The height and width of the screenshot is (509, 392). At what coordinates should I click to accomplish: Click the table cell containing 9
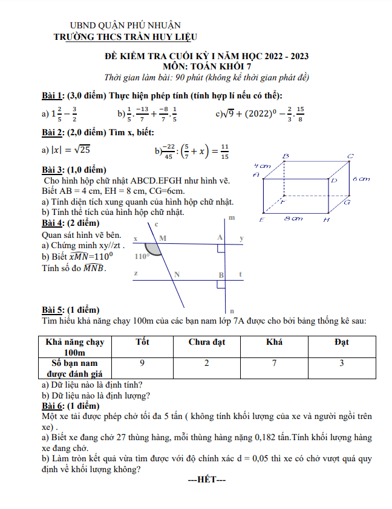coord(142,363)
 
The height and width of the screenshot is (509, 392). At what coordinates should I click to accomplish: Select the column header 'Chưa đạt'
coord(206,342)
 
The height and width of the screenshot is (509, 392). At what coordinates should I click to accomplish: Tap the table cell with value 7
coord(274,363)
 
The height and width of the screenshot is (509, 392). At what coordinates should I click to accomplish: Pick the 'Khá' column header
coord(274,342)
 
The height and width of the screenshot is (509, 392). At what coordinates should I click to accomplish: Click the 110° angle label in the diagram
coord(142,256)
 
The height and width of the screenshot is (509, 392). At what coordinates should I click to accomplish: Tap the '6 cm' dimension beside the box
coord(361,179)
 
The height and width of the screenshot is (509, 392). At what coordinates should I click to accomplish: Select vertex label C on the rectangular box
coord(350,156)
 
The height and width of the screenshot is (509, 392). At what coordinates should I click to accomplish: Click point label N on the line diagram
coord(177,274)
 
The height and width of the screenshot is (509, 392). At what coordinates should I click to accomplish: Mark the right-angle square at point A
coord(221,248)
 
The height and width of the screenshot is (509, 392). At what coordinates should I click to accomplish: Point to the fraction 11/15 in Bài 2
coord(224,151)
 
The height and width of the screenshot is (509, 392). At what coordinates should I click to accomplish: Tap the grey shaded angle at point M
coord(154,248)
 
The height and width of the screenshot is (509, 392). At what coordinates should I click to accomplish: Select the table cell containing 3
coord(342,363)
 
